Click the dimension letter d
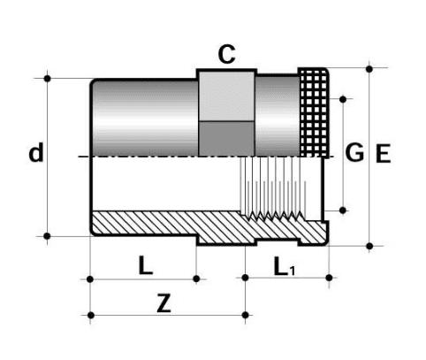[x=35, y=154]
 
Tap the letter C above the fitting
[x=227, y=55]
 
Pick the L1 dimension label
[x=284, y=264]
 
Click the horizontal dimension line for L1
[x=287, y=278]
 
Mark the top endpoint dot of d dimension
[x=48, y=78]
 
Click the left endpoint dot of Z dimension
[x=92, y=314]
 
